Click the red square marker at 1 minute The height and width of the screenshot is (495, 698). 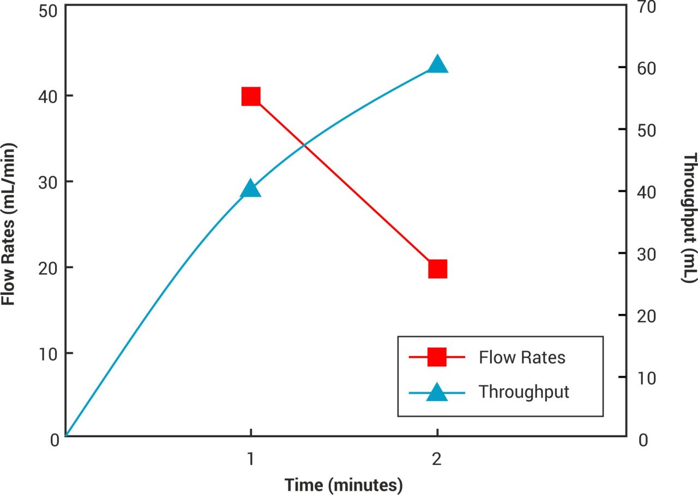tap(250, 96)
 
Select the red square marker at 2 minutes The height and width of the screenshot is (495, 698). tap(437, 269)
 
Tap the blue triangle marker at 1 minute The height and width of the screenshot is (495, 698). tap(250, 189)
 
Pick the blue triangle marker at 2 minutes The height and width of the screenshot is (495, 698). tap(437, 65)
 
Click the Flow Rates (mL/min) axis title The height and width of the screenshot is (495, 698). tap(8, 224)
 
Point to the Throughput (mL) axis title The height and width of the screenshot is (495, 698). tap(690, 218)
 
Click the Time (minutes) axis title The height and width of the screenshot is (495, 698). tap(343, 484)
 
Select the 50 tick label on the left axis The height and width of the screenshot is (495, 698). tap(50, 11)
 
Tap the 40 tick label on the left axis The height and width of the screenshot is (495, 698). tap(50, 96)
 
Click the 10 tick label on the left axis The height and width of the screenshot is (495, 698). tap(50, 354)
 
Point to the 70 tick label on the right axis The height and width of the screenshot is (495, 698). tap(643, 6)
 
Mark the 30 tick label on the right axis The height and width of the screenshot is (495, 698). tap(643, 253)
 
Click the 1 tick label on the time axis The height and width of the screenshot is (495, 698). tap(250, 460)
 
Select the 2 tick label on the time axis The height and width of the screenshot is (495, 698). tap(437, 460)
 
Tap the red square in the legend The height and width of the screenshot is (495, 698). tap(437, 358)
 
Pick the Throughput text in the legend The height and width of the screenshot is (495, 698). tap(523, 392)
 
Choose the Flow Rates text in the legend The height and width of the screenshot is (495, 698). tap(522, 358)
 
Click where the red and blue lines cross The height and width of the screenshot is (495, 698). tap(304, 146)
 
